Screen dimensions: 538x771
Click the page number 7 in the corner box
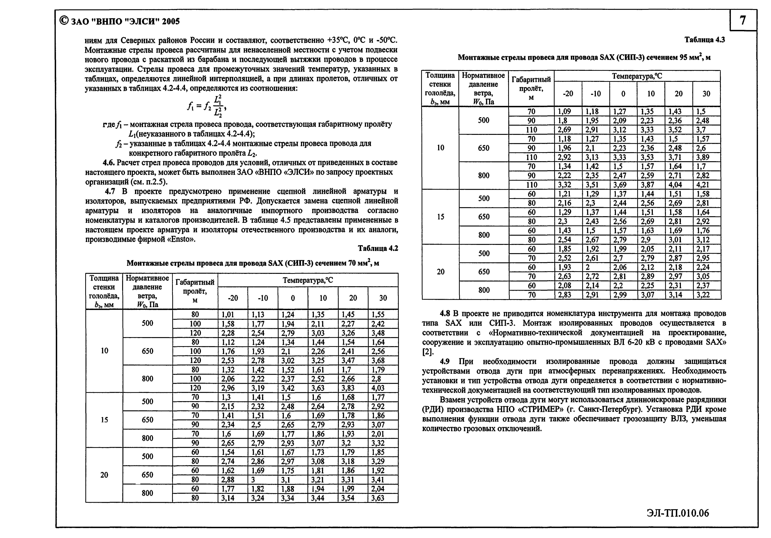pyautogui.click(x=743, y=21)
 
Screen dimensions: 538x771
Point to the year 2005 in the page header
pyautogui.click(x=171, y=21)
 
